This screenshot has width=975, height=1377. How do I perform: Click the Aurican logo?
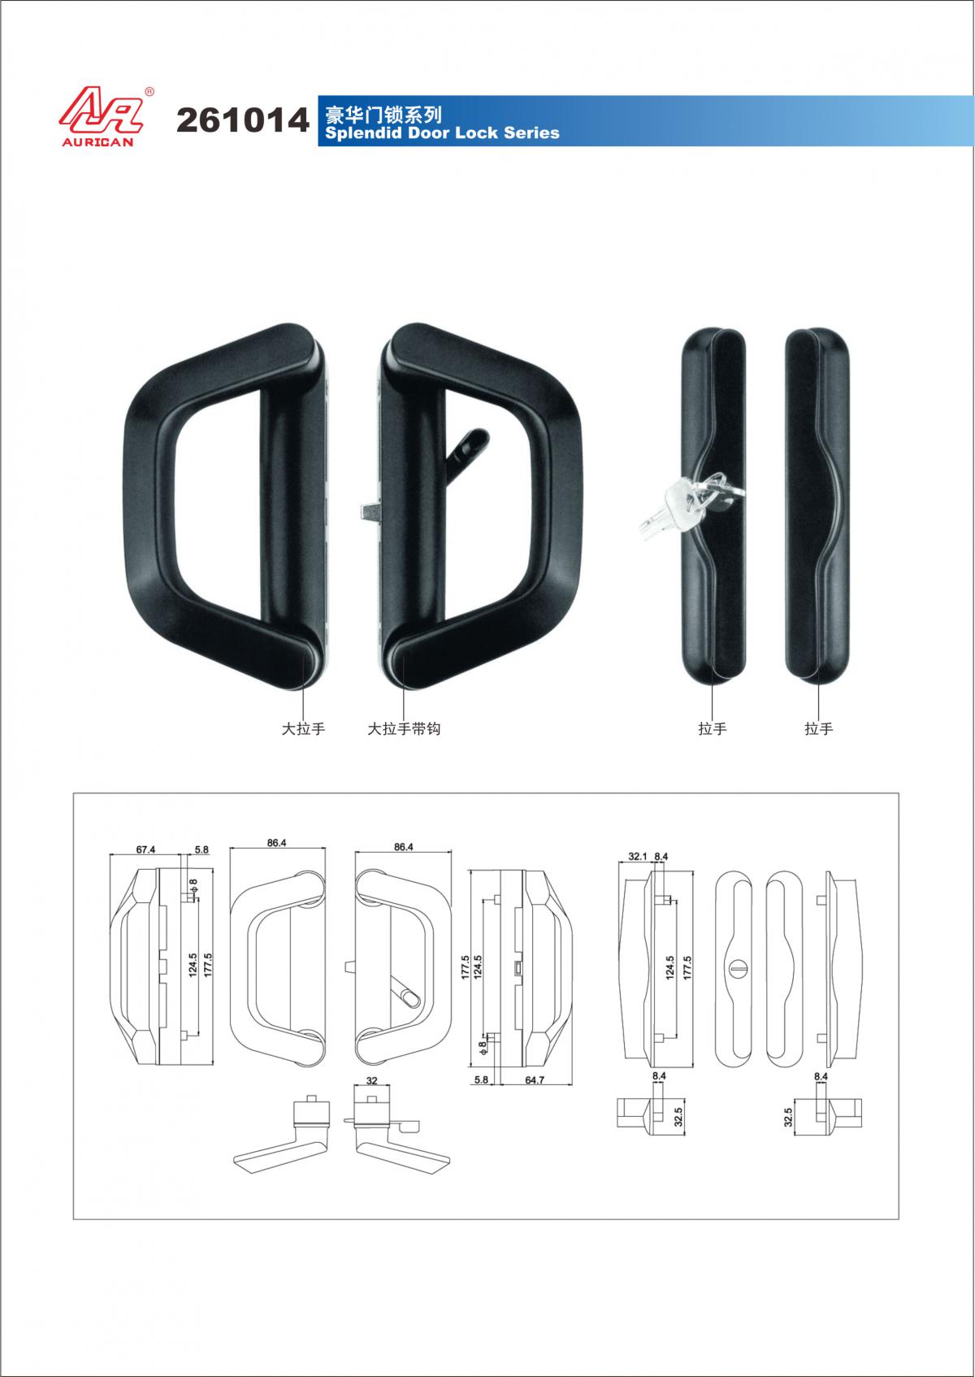click(102, 117)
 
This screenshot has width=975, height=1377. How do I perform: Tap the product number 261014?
click(243, 120)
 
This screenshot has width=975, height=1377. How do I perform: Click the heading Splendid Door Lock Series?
click(442, 133)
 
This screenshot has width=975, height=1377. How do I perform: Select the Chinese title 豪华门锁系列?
click(383, 115)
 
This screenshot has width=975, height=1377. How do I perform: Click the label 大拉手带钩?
click(404, 729)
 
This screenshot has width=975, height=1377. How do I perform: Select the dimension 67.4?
click(145, 850)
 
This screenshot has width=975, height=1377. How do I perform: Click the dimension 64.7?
click(535, 1080)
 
